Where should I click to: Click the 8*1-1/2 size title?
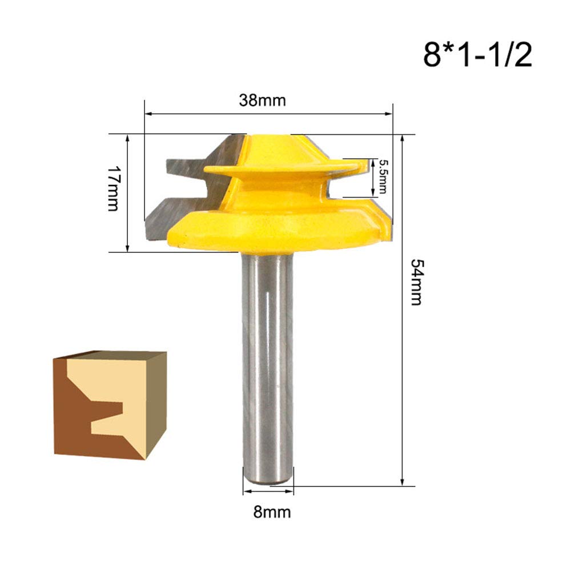477,55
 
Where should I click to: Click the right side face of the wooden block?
154,405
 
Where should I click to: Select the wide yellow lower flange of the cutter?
274,228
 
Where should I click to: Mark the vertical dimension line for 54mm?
403,343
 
